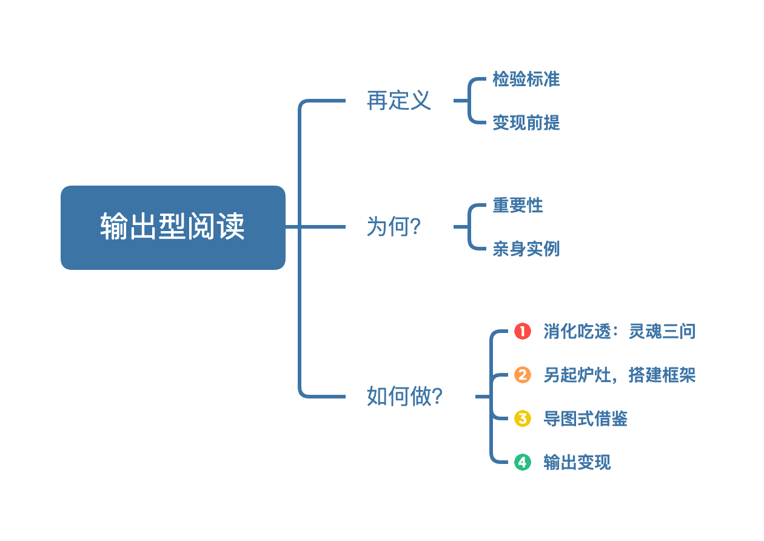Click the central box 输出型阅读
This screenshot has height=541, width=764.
(173, 227)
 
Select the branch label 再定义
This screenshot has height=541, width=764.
(398, 101)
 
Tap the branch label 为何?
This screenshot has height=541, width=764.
(394, 227)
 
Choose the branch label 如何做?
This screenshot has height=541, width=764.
(404, 397)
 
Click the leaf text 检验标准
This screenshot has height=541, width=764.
(526, 79)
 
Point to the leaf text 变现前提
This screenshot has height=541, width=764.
(526, 123)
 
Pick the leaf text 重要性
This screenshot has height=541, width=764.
(517, 206)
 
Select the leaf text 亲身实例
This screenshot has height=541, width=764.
(526, 249)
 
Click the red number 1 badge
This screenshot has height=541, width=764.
(522, 331)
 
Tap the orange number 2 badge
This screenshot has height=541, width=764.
(522, 375)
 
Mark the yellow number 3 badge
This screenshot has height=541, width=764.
(522, 418)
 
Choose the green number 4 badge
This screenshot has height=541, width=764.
(522, 462)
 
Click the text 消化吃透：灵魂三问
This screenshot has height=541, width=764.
(619, 332)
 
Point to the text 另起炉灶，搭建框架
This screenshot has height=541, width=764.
(619, 375)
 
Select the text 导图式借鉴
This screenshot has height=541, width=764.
(585, 419)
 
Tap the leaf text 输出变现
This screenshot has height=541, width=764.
(577, 463)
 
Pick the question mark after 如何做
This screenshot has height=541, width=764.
(437, 397)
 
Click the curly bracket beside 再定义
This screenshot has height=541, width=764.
(470, 101)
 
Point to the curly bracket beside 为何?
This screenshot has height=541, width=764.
(470, 227)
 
